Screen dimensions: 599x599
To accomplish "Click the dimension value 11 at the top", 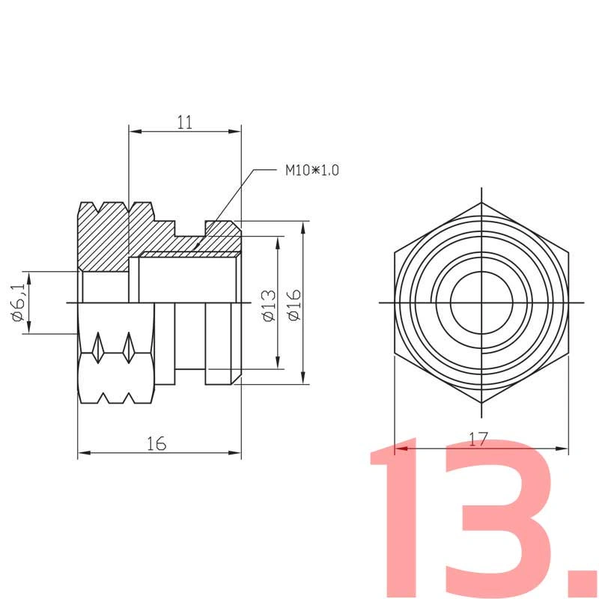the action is [185, 122].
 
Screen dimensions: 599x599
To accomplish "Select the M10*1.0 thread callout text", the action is [312, 170].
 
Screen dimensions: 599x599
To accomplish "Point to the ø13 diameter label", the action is [270, 305].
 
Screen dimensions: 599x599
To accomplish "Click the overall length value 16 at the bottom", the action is [157, 443].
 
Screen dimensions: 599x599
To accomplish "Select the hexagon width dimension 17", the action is [478, 440].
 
